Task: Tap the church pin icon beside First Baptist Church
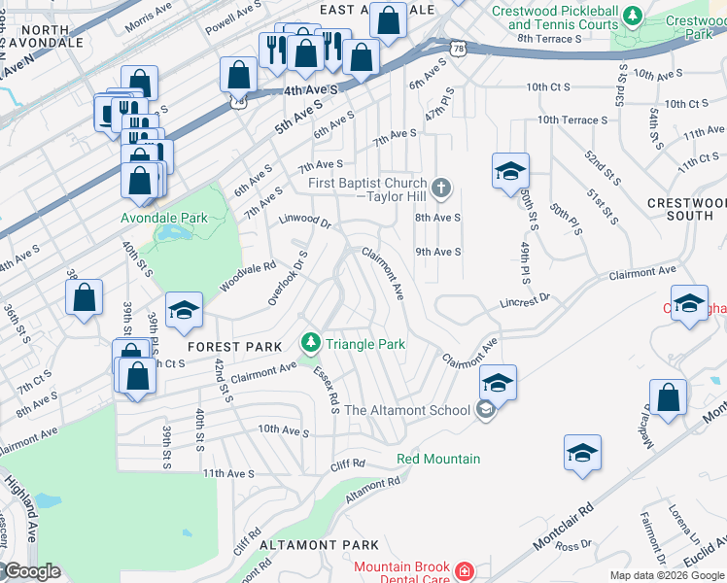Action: click(x=441, y=188)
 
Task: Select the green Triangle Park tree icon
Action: click(x=310, y=343)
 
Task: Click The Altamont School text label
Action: click(x=407, y=410)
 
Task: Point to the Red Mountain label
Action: click(x=437, y=459)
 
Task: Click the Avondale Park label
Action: click(x=163, y=219)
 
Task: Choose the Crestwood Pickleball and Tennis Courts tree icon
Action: click(x=633, y=17)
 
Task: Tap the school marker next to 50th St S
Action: click(x=509, y=172)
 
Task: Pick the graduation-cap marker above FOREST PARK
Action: click(x=184, y=310)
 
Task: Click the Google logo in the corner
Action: click(x=31, y=571)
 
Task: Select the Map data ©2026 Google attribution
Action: click(x=666, y=575)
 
